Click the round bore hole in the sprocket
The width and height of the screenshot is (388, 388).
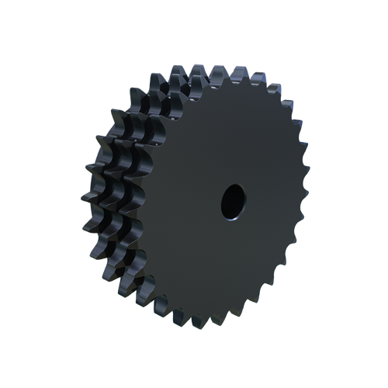[x=231, y=201]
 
